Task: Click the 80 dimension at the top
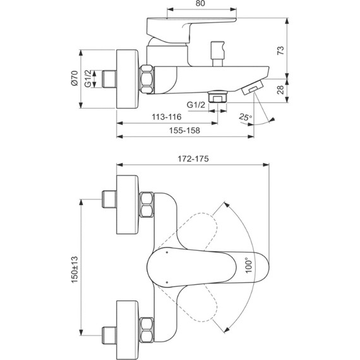click(200, 3)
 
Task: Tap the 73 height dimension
click(280, 51)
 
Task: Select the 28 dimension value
click(280, 90)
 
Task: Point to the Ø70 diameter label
click(75, 78)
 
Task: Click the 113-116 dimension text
click(167, 117)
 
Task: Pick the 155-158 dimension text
click(184, 130)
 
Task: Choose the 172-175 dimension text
click(193, 159)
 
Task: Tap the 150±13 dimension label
click(75, 270)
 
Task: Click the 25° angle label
click(245, 117)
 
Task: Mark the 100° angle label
click(249, 265)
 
